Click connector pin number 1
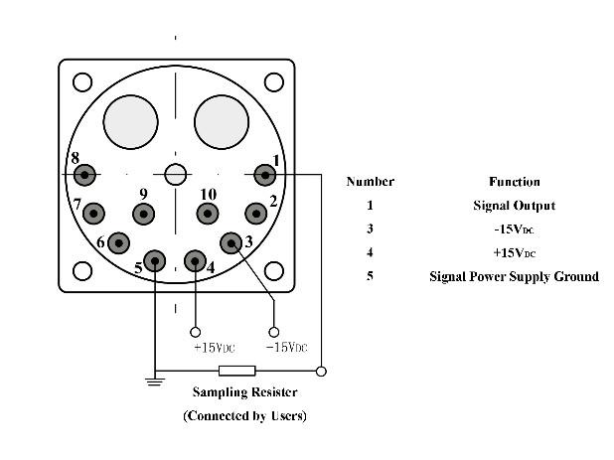pos(265,175)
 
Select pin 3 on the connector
pos(231,243)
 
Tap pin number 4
pos(195,261)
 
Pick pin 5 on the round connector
pos(155,261)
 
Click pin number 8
pos(84,175)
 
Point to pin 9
pos(144,215)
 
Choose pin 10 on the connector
pos(208,214)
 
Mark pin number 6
pos(118,243)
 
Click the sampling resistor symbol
pos(236,371)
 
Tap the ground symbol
pos(155,382)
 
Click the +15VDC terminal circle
pos(195,333)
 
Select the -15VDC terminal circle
pos(273,333)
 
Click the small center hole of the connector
pos(176,174)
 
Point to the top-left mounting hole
pos(82,82)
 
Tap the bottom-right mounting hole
pos(274,271)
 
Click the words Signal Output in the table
pos(514,206)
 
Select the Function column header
pos(514,182)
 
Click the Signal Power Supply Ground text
pos(514,277)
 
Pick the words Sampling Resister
pos(244,391)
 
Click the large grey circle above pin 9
pos(130,122)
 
